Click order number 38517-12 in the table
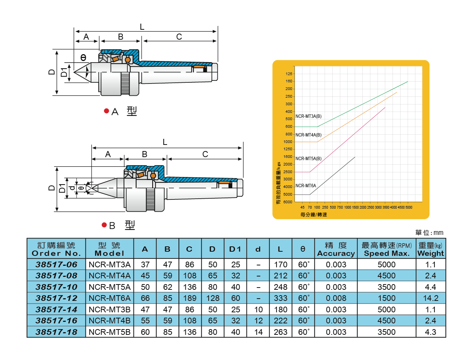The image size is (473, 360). tap(56, 298)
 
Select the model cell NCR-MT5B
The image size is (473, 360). tap(110, 332)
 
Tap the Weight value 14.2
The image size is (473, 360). tap(431, 298)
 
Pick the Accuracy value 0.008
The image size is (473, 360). tap(336, 298)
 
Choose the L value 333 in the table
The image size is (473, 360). tap(280, 298)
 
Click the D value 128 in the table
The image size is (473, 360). tap(212, 298)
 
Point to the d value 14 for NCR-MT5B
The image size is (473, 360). tap(258, 332)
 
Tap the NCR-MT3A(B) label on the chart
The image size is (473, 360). tap(309, 116)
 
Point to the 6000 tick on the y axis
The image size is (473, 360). tap(288, 202)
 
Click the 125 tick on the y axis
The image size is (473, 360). tap(289, 74)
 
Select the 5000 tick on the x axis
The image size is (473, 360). tap(409, 208)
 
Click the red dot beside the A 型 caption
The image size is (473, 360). tap(106, 111)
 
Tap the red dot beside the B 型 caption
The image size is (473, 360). tap(104, 225)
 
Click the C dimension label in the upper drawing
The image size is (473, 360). tap(179, 37)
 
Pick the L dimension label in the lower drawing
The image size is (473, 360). tap(165, 142)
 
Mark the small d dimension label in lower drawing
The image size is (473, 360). tap(72, 188)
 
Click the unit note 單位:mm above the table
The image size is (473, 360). tap(429, 233)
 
